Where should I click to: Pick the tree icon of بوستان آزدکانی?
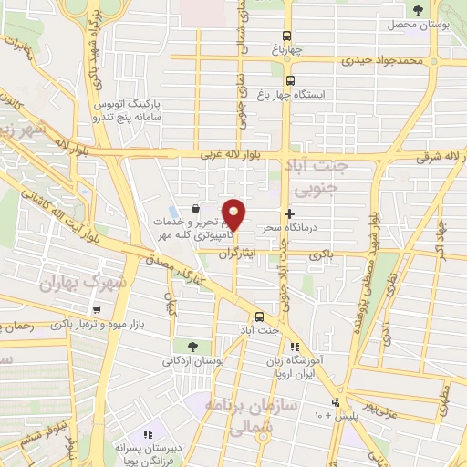(192, 346)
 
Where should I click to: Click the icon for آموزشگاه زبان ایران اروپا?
(294, 347)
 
